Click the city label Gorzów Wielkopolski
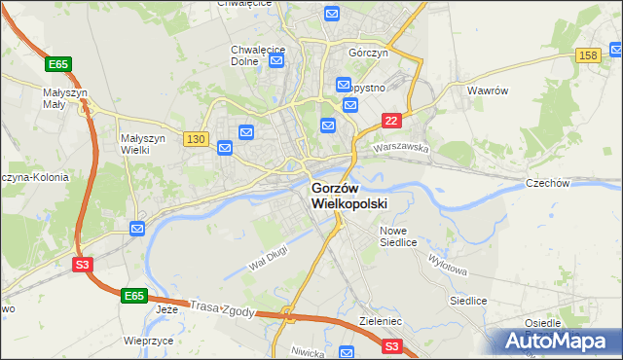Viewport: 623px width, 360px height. (x=348, y=196)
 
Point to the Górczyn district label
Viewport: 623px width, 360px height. (x=369, y=52)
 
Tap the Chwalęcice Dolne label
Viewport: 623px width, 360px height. (x=258, y=54)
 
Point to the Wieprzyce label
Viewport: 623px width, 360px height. (x=149, y=342)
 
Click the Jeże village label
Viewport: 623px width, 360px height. (x=167, y=309)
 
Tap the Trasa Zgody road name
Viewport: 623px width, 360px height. (x=223, y=308)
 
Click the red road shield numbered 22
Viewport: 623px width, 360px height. (x=390, y=120)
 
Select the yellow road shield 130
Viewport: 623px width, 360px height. (x=196, y=139)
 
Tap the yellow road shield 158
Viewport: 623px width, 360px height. (x=587, y=56)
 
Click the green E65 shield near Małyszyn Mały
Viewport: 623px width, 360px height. (x=57, y=64)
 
